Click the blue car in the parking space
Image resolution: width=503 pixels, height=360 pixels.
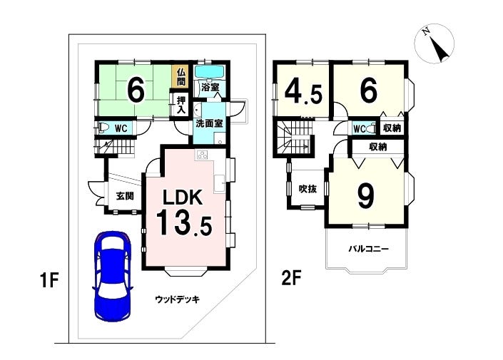tap(112, 275)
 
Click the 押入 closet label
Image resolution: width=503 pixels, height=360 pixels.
tap(181, 105)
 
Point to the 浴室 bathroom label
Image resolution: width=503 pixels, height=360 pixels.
tap(210, 86)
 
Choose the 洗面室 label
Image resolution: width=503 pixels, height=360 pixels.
tap(210, 123)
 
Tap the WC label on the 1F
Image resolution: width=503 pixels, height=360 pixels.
tap(121, 128)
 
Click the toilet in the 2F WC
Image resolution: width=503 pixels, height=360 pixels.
tap(372, 128)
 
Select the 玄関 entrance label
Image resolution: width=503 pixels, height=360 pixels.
tap(125, 196)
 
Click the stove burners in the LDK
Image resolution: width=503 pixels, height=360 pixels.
tap(203, 155)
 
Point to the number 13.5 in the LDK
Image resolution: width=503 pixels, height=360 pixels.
tap(184, 222)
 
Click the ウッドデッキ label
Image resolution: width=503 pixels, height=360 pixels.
tap(178, 299)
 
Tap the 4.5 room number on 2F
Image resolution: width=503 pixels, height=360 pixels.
tap(303, 92)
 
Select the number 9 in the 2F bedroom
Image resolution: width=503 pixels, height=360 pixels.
tap(366, 196)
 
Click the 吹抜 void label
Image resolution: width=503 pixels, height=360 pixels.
tap(308, 189)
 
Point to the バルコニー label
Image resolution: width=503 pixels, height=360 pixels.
tap(369, 249)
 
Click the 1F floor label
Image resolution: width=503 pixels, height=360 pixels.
tap(49, 280)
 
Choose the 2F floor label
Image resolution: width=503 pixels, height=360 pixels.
tap(291, 278)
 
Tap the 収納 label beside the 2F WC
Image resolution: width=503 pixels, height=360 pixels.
tap(392, 128)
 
